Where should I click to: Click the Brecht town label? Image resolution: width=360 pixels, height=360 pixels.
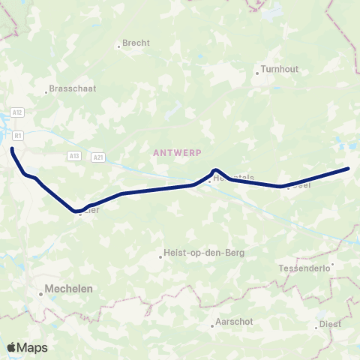click(136, 43)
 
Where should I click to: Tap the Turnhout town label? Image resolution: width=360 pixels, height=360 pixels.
click(280, 70)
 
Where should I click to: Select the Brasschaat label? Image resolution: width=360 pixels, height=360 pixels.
click(73, 88)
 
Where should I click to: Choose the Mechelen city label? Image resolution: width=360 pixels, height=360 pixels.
click(68, 287)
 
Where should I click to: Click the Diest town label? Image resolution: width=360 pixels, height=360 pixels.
click(330, 324)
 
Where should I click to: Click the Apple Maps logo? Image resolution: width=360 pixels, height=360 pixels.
click(27, 347)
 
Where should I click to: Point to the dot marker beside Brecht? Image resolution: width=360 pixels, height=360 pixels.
click(118, 46)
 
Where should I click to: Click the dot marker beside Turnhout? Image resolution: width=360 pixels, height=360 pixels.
click(256, 73)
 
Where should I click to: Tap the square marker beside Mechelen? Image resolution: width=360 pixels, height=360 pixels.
click(41, 294)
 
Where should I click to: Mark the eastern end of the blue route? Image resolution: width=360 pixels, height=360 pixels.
click(348, 169)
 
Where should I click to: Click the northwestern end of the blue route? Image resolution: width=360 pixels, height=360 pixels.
click(12, 149)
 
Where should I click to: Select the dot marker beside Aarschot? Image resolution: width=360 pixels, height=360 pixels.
click(211, 325)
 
